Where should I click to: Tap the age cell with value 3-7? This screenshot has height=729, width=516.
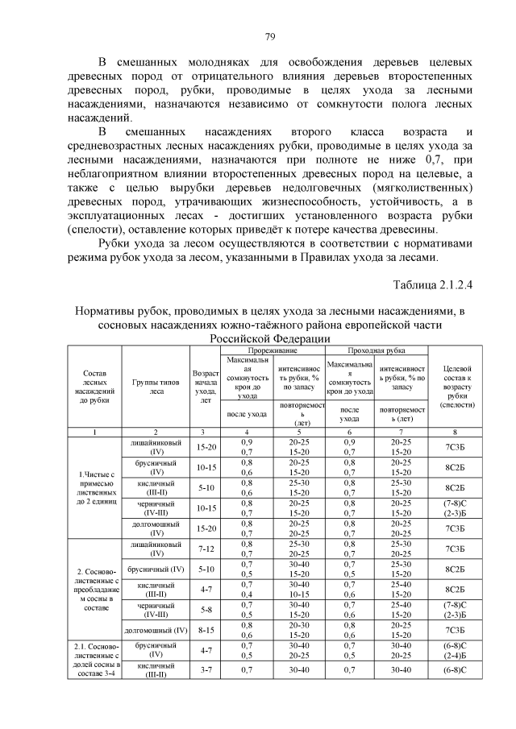coord(206,670)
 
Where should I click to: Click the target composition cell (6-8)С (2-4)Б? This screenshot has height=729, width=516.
coord(458,651)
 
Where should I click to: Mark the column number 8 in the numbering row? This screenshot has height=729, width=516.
coord(458,433)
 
